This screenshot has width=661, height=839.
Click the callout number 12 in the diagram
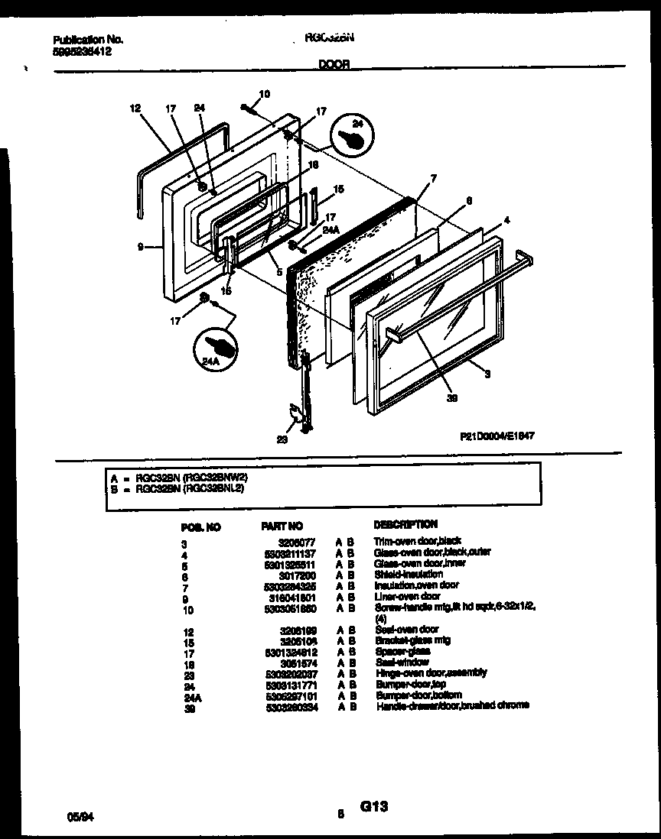(x=135, y=109)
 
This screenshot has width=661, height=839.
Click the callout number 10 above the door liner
(x=265, y=95)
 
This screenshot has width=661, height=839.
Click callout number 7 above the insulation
(x=434, y=179)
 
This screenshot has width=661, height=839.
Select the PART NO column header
(x=282, y=526)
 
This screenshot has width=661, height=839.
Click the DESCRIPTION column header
(x=405, y=524)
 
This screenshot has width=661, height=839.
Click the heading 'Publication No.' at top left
(x=88, y=40)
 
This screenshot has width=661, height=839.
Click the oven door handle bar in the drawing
(x=459, y=297)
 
